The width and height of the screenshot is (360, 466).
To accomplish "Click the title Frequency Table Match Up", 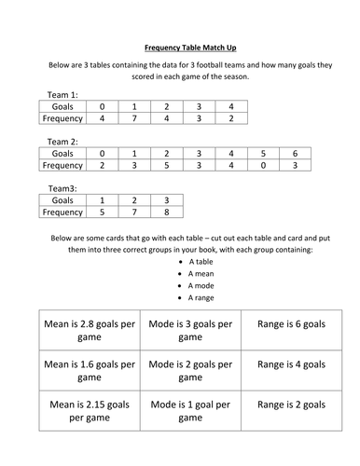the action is [180, 44].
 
